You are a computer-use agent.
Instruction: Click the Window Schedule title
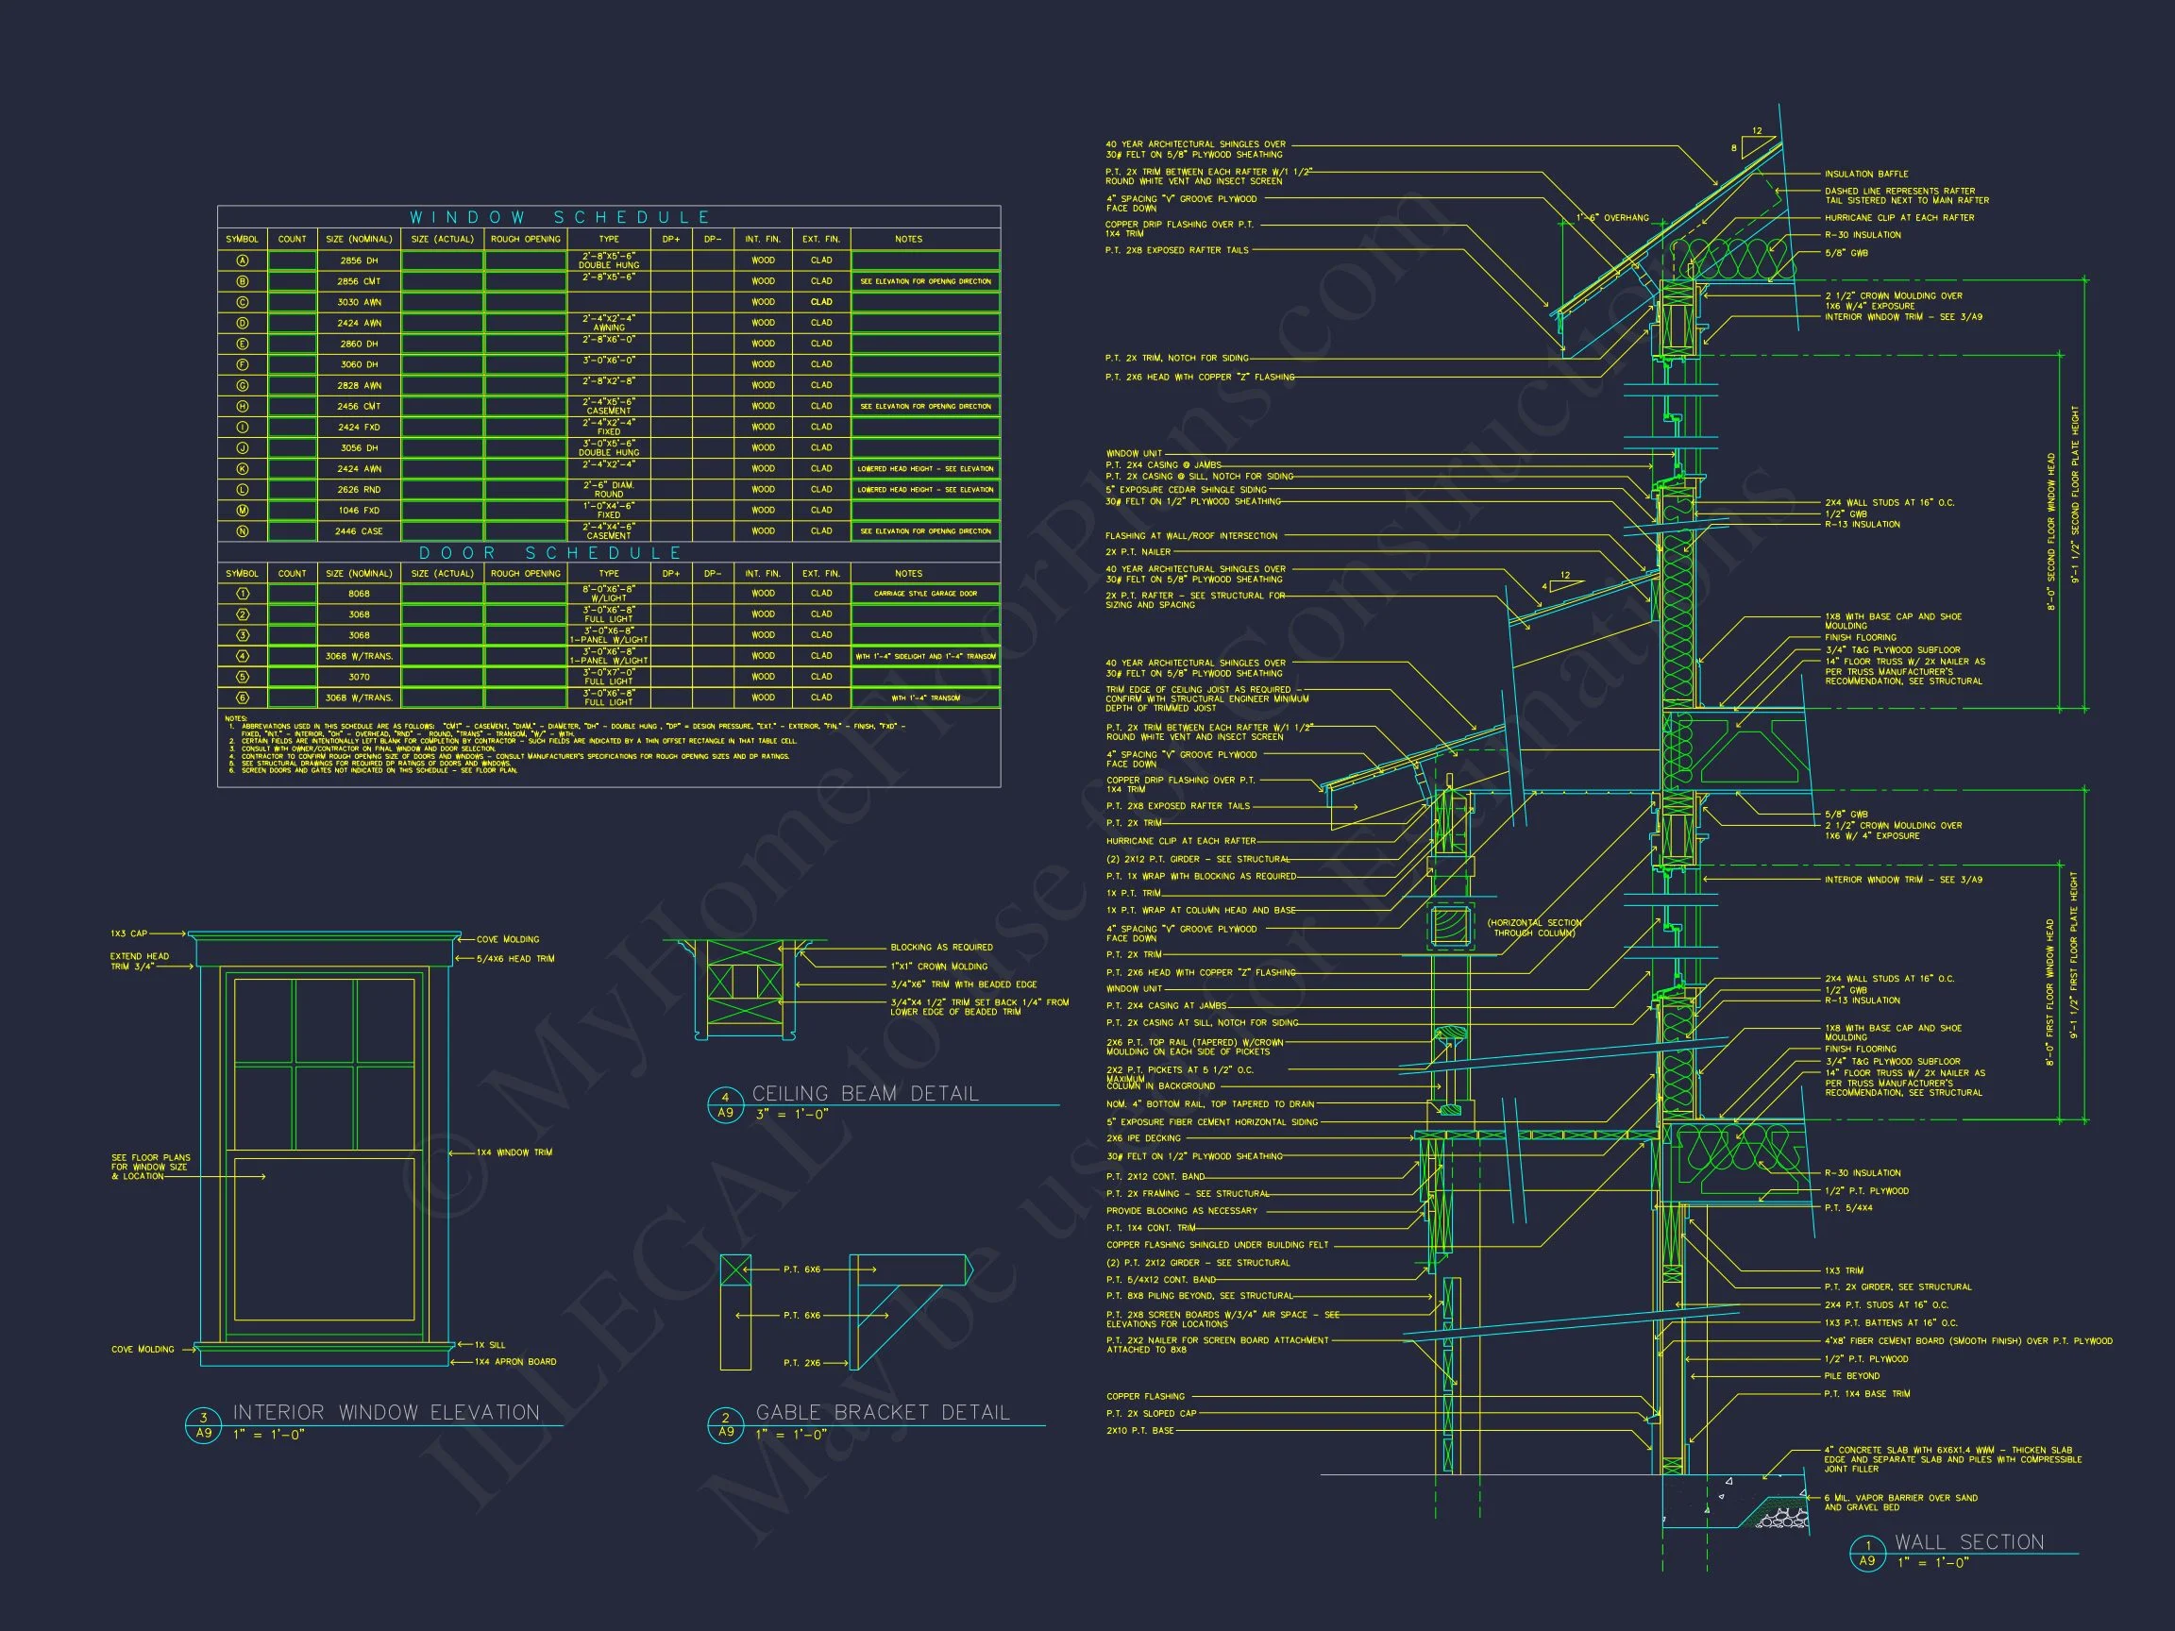[x=560, y=217]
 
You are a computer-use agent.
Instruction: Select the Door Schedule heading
[x=550, y=552]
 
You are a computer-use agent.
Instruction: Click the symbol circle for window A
[x=242, y=261]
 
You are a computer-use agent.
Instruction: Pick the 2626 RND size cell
[x=359, y=490]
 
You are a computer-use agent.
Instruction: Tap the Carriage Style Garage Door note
[x=925, y=594]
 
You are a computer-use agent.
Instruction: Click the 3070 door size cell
[x=359, y=678]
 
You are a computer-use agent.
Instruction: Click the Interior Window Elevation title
[x=385, y=1413]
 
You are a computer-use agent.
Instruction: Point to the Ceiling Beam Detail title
[x=866, y=1093]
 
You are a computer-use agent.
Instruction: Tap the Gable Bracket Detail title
[x=882, y=1413]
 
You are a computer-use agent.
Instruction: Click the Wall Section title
[x=1968, y=1542]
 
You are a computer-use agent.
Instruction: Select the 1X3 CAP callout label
[x=128, y=933]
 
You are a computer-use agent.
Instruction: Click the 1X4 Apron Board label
[x=515, y=1362]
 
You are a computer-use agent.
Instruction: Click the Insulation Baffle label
[x=1866, y=174]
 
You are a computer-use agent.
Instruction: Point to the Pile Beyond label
[x=1851, y=1376]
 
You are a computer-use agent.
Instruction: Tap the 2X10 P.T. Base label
[x=1139, y=1431]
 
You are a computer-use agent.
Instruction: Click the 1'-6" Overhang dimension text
[x=1612, y=218]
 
